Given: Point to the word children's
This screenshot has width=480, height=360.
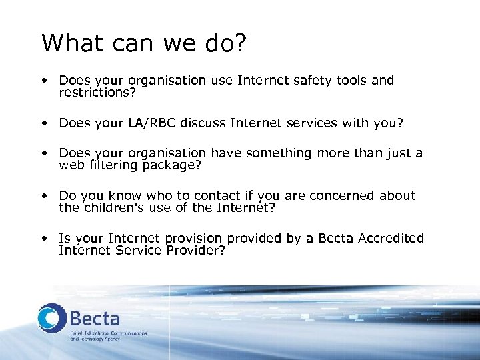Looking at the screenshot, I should click(113, 208).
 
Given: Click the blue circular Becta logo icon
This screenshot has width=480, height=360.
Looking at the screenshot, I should click(52, 317).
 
